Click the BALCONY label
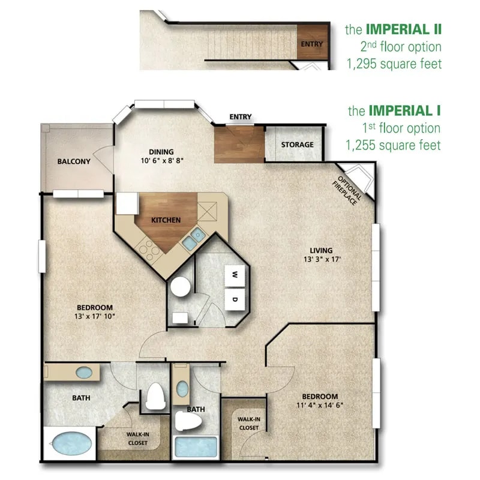pyautogui.click(x=74, y=161)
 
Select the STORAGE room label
pyautogui.click(x=298, y=145)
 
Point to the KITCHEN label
pyautogui.click(x=166, y=220)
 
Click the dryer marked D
pyautogui.click(x=235, y=298)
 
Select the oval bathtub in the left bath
pyautogui.click(x=72, y=445)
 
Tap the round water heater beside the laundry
pyautogui.click(x=179, y=287)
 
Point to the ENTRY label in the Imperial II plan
pyautogui.click(x=311, y=44)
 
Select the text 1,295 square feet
pyautogui.click(x=394, y=64)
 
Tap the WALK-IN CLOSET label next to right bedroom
pyautogui.click(x=248, y=424)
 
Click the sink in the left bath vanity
pyautogui.click(x=83, y=373)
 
